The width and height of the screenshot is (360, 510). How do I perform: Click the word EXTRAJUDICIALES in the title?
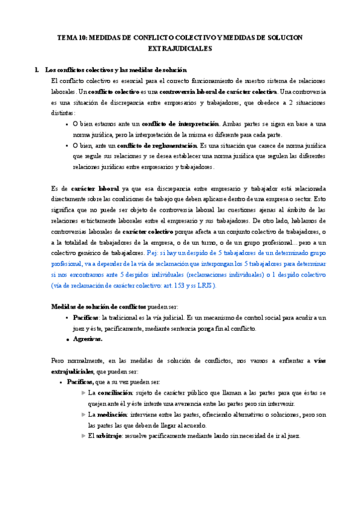pos(180,49)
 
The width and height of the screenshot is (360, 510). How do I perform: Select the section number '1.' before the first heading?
pos(38,70)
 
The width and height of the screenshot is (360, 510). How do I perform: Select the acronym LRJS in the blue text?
pos(202,286)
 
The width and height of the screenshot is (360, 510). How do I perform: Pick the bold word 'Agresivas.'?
pos(88,339)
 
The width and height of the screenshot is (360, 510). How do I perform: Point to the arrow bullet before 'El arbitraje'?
pos(82,436)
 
